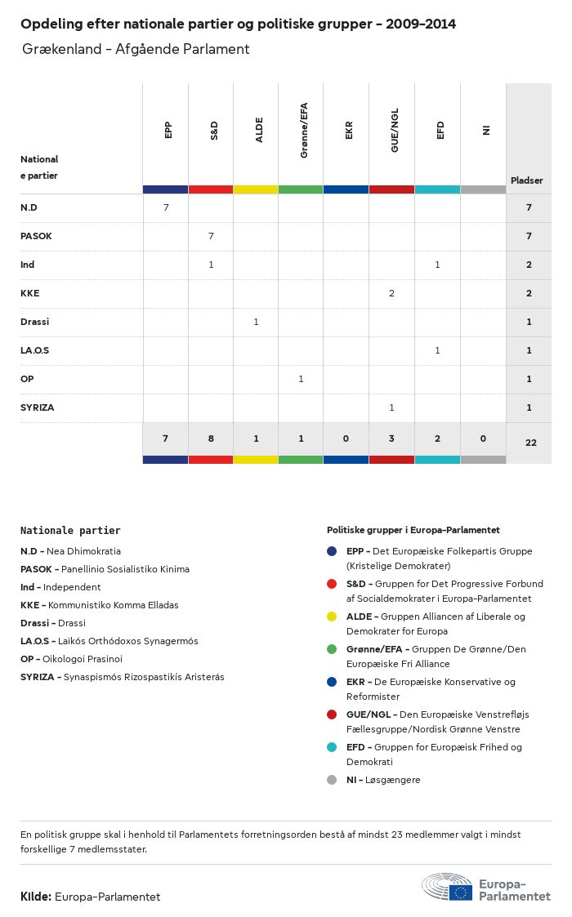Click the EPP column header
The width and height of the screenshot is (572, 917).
[x=168, y=130]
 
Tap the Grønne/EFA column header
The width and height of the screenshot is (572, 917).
[x=304, y=131]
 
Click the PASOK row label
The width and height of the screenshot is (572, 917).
[x=36, y=236]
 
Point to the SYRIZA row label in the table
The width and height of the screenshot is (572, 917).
[x=37, y=407]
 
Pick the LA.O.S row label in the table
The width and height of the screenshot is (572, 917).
[x=35, y=350]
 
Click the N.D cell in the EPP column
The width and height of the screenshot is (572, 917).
[x=166, y=207]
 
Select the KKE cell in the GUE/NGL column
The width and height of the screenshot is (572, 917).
[x=392, y=293]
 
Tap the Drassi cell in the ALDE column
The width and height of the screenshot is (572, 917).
[x=256, y=322]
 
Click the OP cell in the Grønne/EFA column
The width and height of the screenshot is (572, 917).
[x=301, y=379]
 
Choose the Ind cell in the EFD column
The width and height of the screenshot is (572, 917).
[x=437, y=265]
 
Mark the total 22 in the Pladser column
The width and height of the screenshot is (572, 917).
[x=529, y=442]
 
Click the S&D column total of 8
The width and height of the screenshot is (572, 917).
[x=211, y=438]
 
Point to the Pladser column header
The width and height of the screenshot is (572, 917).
[x=527, y=180]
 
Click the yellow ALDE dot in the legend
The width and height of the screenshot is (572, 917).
[x=332, y=617]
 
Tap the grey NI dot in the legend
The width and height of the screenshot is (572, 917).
[x=332, y=780]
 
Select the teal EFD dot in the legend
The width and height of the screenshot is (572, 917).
[x=332, y=747]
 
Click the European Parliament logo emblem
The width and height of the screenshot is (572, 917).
[x=448, y=887]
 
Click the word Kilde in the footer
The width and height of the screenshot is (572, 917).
[x=35, y=897]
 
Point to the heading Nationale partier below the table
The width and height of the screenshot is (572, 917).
[x=70, y=531]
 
